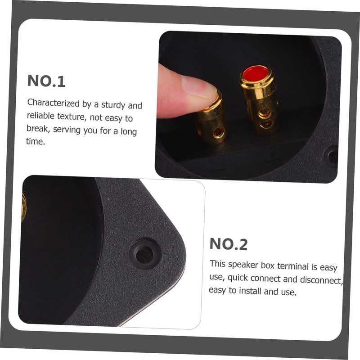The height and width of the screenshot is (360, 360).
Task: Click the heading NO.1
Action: (46, 81)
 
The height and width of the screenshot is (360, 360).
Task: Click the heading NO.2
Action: (229, 244)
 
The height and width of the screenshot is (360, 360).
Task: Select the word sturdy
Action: (113, 106)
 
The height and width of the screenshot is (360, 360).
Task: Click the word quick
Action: (245, 279)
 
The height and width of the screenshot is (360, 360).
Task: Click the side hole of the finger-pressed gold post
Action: (219, 132)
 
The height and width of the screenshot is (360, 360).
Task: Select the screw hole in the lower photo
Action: (144, 255)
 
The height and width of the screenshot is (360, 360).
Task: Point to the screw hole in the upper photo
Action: (333, 157)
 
